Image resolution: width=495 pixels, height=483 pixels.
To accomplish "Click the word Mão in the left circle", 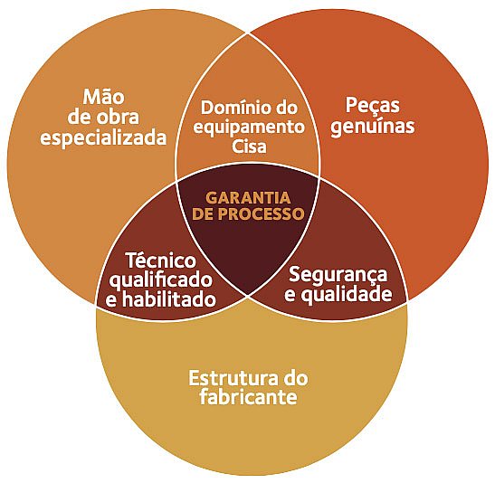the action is tap(103, 96).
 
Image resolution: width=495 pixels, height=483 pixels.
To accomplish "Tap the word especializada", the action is tap(103, 138).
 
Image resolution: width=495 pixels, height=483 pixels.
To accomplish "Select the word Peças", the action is tap(373, 106).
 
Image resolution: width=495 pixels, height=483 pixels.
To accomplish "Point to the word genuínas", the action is tap(373, 127).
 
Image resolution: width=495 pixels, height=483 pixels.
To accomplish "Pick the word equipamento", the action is tap(249, 128).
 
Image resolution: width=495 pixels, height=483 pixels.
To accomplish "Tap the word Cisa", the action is tap(249, 147).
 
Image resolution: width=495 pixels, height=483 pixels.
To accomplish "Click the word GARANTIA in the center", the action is tap(248, 198).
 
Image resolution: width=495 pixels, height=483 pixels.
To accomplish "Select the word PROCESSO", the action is tap(261, 213).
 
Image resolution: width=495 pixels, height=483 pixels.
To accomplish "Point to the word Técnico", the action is tap(161, 260).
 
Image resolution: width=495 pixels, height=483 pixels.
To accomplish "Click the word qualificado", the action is tap(161, 280).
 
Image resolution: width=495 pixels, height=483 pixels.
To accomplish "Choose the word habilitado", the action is tap(169, 299).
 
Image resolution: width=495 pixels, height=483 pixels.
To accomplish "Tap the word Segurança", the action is tap(338, 274).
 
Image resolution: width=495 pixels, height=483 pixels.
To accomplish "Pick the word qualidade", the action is tap(347, 294).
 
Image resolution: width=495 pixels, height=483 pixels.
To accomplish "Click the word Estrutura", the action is tap(233, 378).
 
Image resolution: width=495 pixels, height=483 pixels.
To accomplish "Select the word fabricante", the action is tap(249, 396).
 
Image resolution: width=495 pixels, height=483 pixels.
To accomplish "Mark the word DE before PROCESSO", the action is tap(203, 213).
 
